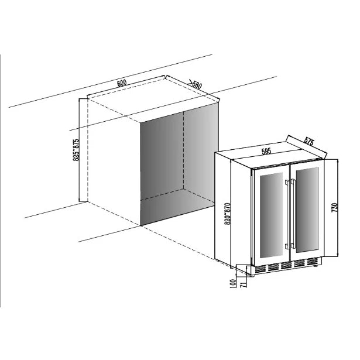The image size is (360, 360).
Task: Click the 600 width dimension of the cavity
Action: pyautogui.click(x=122, y=83)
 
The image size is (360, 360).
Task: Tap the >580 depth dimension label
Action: pyautogui.click(x=196, y=84)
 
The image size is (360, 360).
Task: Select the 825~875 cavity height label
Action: pyautogui.click(x=76, y=150)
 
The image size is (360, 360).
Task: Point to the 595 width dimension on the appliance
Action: pyautogui.click(x=266, y=151)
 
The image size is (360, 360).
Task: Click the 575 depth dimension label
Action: pyautogui.click(x=309, y=141)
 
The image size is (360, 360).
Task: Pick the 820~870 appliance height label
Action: pyautogui.click(x=227, y=214)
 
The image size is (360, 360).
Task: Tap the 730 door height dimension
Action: pyautogui.click(x=334, y=208)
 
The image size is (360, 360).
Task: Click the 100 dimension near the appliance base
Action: pyautogui.click(x=232, y=283)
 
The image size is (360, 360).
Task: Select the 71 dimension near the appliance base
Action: pyautogui.click(x=244, y=284)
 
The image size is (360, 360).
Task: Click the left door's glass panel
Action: pyautogui.click(x=271, y=215)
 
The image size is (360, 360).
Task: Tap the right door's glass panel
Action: pyautogui.click(x=307, y=210)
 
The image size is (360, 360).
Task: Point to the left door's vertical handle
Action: pyautogui.click(x=287, y=214)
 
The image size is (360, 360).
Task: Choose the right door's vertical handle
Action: pyautogui.click(x=293, y=213)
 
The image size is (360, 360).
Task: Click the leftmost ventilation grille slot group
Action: pyautogui.click(x=260, y=269)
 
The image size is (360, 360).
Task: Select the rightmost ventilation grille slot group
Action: pyautogui.click(x=313, y=261)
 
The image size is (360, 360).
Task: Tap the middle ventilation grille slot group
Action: pyautogui.click(x=286, y=265)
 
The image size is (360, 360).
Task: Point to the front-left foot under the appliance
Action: pyautogui.click(x=251, y=275)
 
